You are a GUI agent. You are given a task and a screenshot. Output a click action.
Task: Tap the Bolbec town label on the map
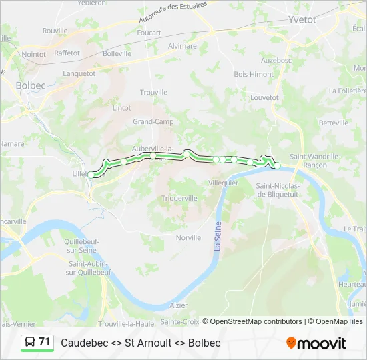pos(29,85)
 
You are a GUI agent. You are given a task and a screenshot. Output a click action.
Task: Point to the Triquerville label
pos(179,198)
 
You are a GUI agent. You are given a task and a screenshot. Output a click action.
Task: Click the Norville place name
pos(188,237)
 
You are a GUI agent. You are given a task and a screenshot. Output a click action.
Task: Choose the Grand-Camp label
pos(153,122)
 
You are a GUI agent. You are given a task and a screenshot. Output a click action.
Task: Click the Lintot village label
pos(122,107)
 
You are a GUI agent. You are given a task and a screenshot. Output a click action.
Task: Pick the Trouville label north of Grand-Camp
pos(153,93)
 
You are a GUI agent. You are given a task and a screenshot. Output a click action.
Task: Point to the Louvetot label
pos(264,97)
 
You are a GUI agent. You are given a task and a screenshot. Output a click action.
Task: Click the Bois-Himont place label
pos(254,74)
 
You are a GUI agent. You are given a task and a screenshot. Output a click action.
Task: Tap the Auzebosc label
pos(276,60)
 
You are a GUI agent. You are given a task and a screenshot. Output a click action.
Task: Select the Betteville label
pos(334,123)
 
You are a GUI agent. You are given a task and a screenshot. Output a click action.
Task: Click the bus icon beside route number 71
pos(30,342)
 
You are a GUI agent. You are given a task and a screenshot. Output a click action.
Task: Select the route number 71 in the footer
pos(45,342)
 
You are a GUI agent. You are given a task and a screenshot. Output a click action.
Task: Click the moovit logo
pos(316,343)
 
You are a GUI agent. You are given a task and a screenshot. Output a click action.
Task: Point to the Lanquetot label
pos(79,74)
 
